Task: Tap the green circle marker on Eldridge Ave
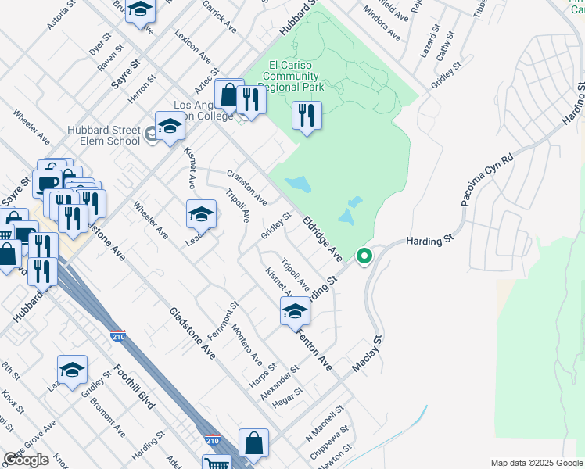click(364, 256)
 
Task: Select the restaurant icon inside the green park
click(307, 116)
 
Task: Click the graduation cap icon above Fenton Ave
click(295, 311)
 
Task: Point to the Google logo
click(27, 460)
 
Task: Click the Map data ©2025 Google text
click(536, 463)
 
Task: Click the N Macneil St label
click(326, 421)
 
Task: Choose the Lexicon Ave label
click(193, 47)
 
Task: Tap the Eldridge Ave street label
click(322, 238)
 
